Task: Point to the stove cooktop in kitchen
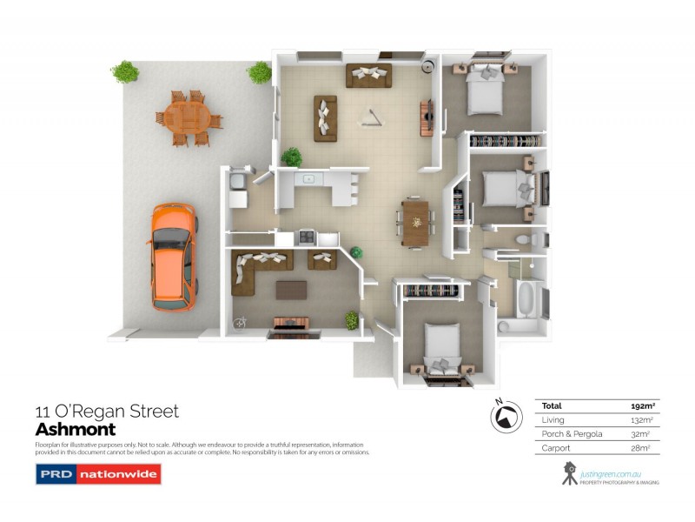click(x=306, y=235)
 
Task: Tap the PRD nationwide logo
click(x=97, y=474)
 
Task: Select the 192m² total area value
click(x=641, y=405)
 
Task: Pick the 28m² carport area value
click(x=642, y=447)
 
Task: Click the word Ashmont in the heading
click(x=75, y=430)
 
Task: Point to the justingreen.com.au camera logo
click(x=569, y=473)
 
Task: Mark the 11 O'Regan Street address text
click(x=106, y=412)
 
